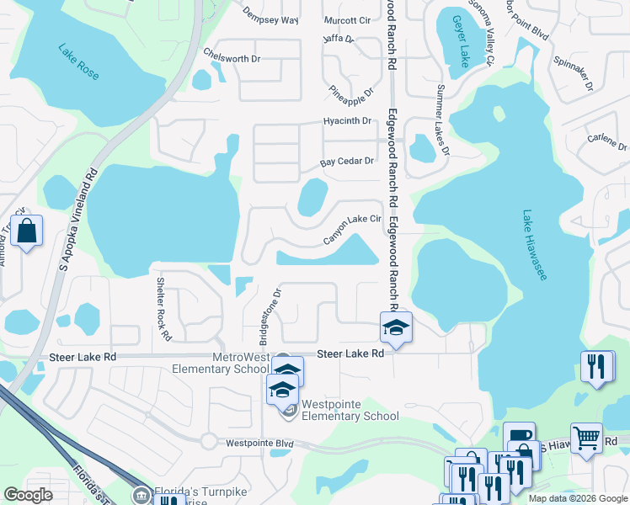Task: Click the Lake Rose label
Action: [78, 62]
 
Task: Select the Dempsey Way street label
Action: [270, 16]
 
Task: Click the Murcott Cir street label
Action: [347, 20]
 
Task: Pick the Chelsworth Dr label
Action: [232, 54]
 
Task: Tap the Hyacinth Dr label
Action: [347, 121]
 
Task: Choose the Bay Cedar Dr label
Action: [346, 162]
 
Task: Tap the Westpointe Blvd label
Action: [259, 443]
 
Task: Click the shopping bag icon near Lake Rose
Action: [27, 231]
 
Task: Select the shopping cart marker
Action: [586, 437]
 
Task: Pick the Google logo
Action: [28, 495]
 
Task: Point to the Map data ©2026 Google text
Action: [577, 498]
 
